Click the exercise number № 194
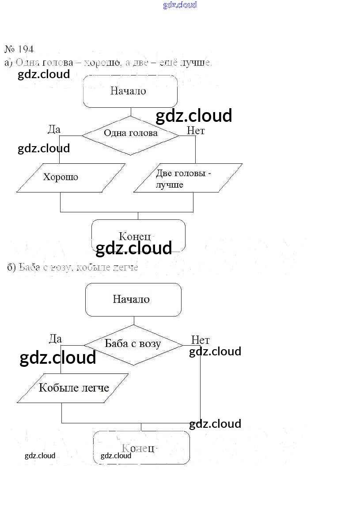(x=19, y=49)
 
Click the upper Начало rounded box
(x=130, y=91)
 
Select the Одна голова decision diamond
(x=131, y=135)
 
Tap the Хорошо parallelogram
(x=71, y=178)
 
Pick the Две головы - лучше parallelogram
(x=188, y=178)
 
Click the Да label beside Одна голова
(x=54, y=129)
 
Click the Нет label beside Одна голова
(x=196, y=131)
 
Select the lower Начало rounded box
(x=133, y=300)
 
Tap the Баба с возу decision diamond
(x=133, y=344)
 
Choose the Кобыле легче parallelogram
(x=73, y=388)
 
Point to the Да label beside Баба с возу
(x=55, y=339)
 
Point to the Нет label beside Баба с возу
(x=200, y=340)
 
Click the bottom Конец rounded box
(x=141, y=448)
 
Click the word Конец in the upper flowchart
(x=135, y=236)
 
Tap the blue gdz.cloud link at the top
(x=180, y=5)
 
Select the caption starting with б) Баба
(x=73, y=268)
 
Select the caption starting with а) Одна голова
(x=108, y=63)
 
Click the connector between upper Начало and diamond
(x=130, y=112)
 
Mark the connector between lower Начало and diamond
(x=133, y=320)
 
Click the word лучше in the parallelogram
(x=169, y=185)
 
